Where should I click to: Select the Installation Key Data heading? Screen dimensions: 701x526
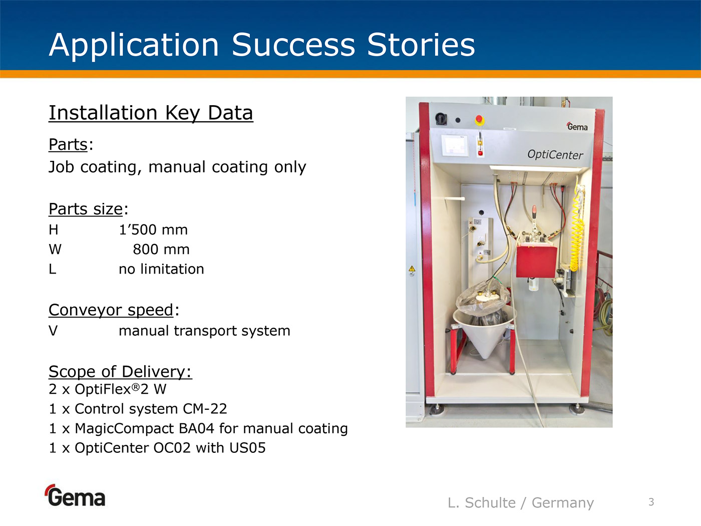[151, 113]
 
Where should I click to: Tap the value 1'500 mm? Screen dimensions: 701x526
[153, 230]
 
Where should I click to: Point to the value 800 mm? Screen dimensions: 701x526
[161, 249]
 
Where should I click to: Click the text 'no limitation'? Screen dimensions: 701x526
[161, 269]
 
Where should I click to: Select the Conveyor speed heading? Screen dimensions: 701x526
[111, 310]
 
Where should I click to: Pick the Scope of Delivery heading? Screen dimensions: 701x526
[120, 372]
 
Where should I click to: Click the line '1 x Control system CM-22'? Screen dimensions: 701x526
[138, 409]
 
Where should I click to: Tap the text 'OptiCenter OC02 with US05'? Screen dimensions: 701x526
[170, 448]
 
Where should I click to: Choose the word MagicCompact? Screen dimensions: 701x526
[125, 429]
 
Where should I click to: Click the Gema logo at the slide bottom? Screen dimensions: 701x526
[76, 495]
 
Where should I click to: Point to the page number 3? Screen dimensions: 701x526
[651, 502]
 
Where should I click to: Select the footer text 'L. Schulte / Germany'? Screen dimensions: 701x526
[521, 502]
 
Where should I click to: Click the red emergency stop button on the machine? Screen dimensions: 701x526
[479, 120]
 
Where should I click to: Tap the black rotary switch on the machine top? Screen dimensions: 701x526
[441, 119]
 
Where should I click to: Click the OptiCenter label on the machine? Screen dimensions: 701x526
[555, 155]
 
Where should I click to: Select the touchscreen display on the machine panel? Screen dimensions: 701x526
[454, 146]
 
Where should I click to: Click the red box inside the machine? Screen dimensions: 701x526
[537, 261]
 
